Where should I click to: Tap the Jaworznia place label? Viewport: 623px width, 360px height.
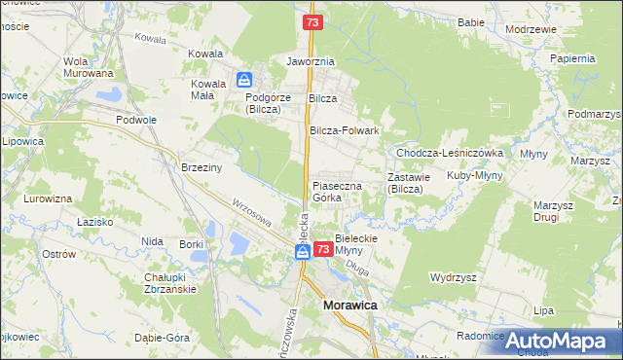tap(311, 60)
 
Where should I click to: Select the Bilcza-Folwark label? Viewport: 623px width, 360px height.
tap(344, 129)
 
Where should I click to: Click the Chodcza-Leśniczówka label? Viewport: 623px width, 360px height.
tap(449, 153)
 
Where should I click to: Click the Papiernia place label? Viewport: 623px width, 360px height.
tap(572, 58)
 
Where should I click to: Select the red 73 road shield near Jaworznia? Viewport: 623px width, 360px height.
tap(312, 21)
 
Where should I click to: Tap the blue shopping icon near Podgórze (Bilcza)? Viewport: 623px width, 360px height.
tap(245, 79)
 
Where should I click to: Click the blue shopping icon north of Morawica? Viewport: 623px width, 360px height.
tap(303, 252)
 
